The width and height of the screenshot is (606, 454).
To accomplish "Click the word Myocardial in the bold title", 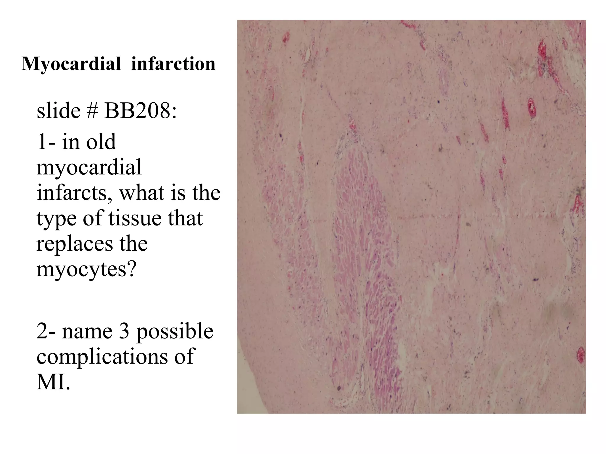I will point(71,64).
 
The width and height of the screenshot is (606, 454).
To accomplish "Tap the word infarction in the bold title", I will point(173,64).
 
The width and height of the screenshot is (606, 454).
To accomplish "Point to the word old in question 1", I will point(101,142).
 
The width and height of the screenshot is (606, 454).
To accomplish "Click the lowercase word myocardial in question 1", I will point(89,168).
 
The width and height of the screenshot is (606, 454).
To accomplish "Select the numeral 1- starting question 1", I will point(46,142).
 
